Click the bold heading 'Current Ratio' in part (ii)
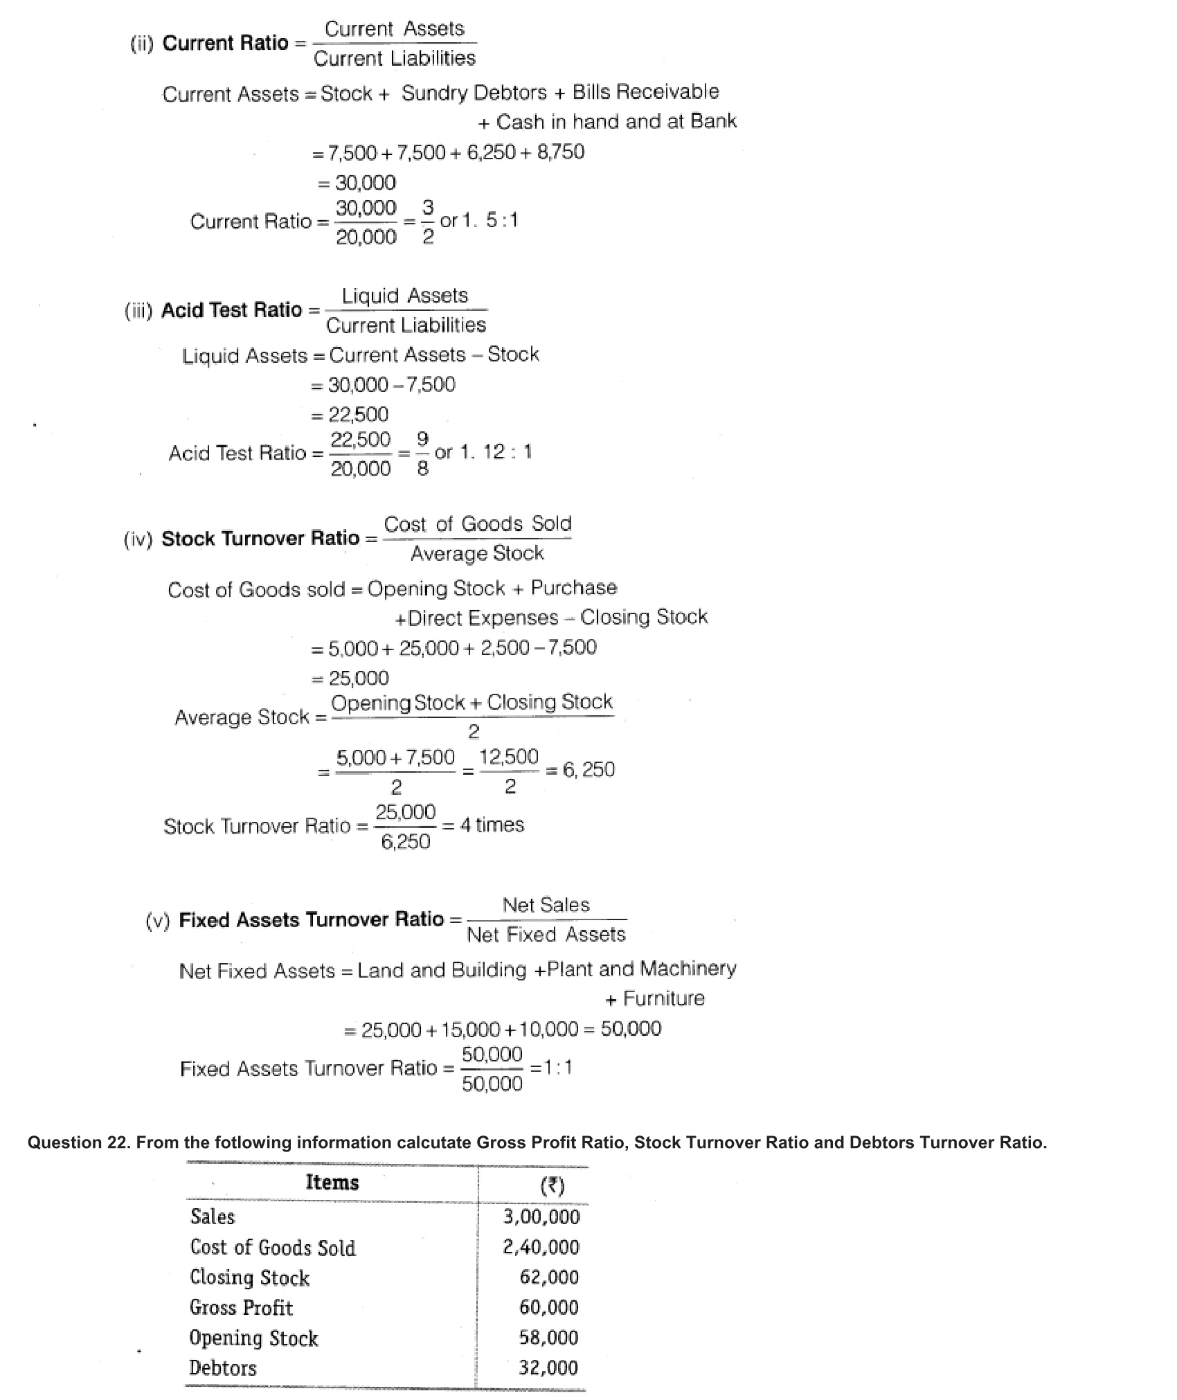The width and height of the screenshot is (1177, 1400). pos(225,43)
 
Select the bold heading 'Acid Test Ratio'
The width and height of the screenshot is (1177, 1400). pos(231,309)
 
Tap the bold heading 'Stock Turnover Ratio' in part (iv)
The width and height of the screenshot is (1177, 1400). pos(260,538)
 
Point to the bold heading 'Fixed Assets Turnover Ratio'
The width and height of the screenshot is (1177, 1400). pos(311,919)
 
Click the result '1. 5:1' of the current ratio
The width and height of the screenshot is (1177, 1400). pos(490,221)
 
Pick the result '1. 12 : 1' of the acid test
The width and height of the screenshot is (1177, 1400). pos(496,452)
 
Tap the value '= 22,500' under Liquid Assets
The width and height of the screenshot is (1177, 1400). pos(350,414)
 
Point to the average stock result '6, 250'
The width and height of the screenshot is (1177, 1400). pos(588,769)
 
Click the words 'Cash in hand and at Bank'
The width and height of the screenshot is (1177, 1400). pos(616,122)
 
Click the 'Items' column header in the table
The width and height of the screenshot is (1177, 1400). pos(332,1183)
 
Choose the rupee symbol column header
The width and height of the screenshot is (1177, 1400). pos(552,1186)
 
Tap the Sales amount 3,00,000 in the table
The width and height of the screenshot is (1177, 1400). pos(541,1217)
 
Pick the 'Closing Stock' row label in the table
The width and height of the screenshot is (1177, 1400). pos(250,1277)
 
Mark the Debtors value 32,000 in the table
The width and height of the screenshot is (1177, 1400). pos(548,1367)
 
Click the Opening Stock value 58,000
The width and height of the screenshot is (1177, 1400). pos(548,1337)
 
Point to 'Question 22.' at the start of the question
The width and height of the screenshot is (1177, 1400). pos(78,1142)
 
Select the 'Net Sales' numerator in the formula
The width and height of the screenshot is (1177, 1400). pos(546,905)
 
